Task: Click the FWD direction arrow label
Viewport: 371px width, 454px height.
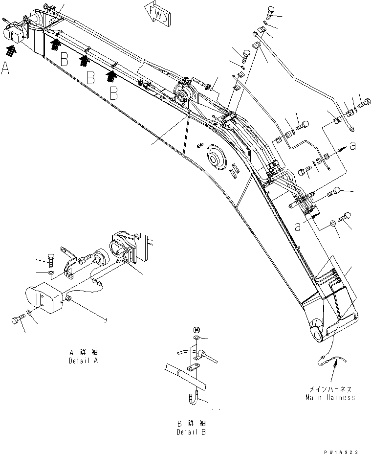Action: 157,13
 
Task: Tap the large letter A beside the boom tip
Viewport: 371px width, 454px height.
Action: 5,69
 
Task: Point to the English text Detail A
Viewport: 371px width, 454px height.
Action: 83,360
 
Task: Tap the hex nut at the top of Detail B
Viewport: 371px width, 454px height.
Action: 196,329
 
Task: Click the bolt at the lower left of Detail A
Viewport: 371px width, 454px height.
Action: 16,321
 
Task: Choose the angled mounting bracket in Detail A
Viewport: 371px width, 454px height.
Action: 68,263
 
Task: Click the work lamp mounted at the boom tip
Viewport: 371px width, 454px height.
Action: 14,32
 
